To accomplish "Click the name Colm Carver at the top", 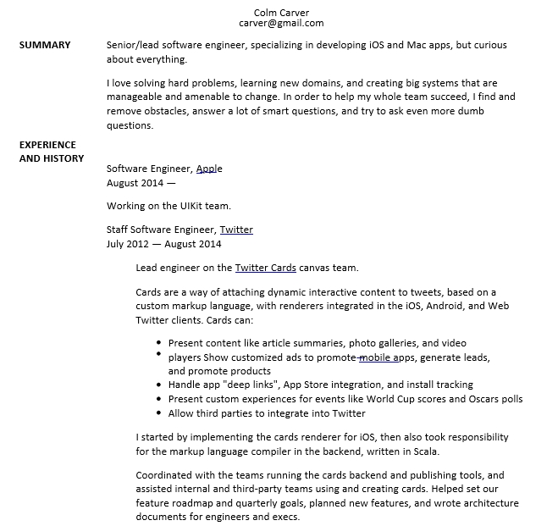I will click(x=281, y=12).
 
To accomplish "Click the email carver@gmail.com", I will click(x=281, y=24).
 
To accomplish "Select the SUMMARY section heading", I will click(x=44, y=45).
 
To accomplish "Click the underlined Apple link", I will click(x=209, y=169).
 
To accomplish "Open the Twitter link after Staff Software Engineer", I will click(x=236, y=230).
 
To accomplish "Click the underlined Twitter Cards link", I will click(x=265, y=268).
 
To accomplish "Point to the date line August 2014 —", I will click(x=141, y=182).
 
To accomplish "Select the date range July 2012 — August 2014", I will click(x=164, y=244).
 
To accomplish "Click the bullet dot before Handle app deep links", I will click(x=160, y=385).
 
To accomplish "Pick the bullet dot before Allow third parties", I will click(x=160, y=414).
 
